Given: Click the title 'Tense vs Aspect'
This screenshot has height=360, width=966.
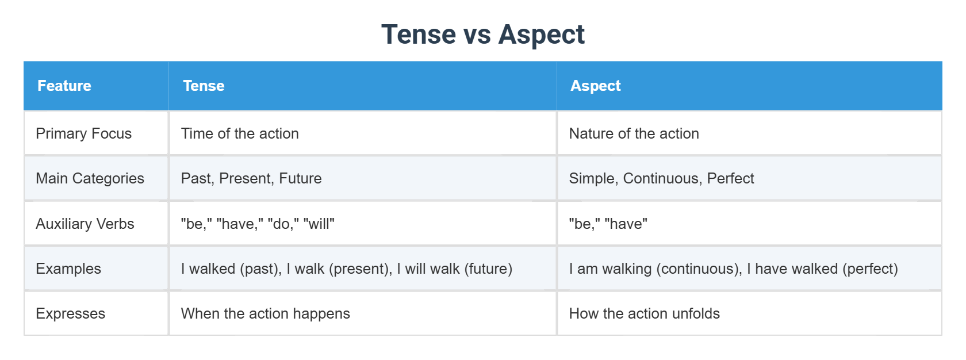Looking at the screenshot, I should pyautogui.click(x=482, y=35).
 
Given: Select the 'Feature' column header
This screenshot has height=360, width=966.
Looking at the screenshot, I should pyautogui.click(x=64, y=86).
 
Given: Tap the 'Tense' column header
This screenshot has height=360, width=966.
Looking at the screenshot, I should pyautogui.click(x=204, y=86).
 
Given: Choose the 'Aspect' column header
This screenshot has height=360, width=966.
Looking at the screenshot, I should pyautogui.click(x=595, y=86).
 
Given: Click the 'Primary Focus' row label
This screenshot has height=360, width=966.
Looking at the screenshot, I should pyautogui.click(x=84, y=133).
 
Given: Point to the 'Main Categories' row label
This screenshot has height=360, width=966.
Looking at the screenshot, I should pyautogui.click(x=90, y=178).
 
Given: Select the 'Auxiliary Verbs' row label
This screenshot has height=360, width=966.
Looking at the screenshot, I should pyautogui.click(x=85, y=224).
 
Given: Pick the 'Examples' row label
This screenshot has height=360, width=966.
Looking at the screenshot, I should pyautogui.click(x=68, y=269).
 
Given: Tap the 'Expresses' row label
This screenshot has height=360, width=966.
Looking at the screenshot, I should pyautogui.click(x=71, y=313).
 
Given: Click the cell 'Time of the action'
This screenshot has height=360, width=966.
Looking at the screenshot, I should pyautogui.click(x=240, y=133).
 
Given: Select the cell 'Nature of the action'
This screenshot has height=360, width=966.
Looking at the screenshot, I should pyautogui.click(x=634, y=133).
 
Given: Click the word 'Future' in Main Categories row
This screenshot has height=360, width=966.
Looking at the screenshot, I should pyautogui.click(x=300, y=178).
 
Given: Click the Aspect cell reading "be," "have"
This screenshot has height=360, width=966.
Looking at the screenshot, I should pyautogui.click(x=608, y=224).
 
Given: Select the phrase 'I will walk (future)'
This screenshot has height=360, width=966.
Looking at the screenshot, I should pyautogui.click(x=454, y=269).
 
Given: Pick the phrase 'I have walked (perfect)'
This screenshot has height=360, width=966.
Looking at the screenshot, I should pyautogui.click(x=822, y=269).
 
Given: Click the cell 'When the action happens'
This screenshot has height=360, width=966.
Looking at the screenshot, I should pyautogui.click(x=265, y=313).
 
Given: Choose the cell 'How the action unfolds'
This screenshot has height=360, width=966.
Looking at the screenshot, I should pyautogui.click(x=644, y=313).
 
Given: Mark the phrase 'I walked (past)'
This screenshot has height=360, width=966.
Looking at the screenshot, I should pyautogui.click(x=230, y=269).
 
